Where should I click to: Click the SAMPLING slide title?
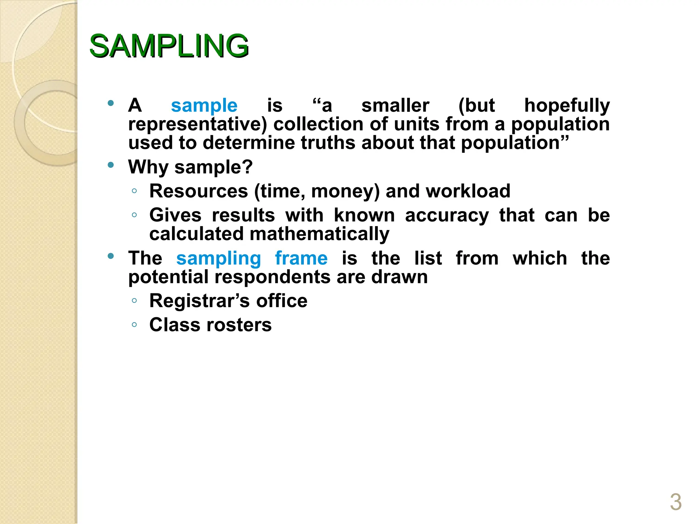pos(169,46)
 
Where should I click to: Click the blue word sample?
pos(204,105)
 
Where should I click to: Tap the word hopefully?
pos(567,105)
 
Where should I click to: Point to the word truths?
pos(328,143)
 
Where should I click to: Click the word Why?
pos(148,167)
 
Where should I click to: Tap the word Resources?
pos(199,191)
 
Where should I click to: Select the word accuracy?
pos(447,216)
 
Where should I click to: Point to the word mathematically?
pos(319,234)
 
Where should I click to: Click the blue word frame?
pos(301,258)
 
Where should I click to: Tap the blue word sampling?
pos(218,258)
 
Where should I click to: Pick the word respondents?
pos(272,277)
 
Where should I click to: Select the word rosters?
pos(241,325)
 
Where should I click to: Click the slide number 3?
pos(675,502)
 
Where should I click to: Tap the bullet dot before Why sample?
pos(110,165)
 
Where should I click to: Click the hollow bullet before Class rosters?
pos(134,325)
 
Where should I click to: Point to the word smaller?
pos(395,105)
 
